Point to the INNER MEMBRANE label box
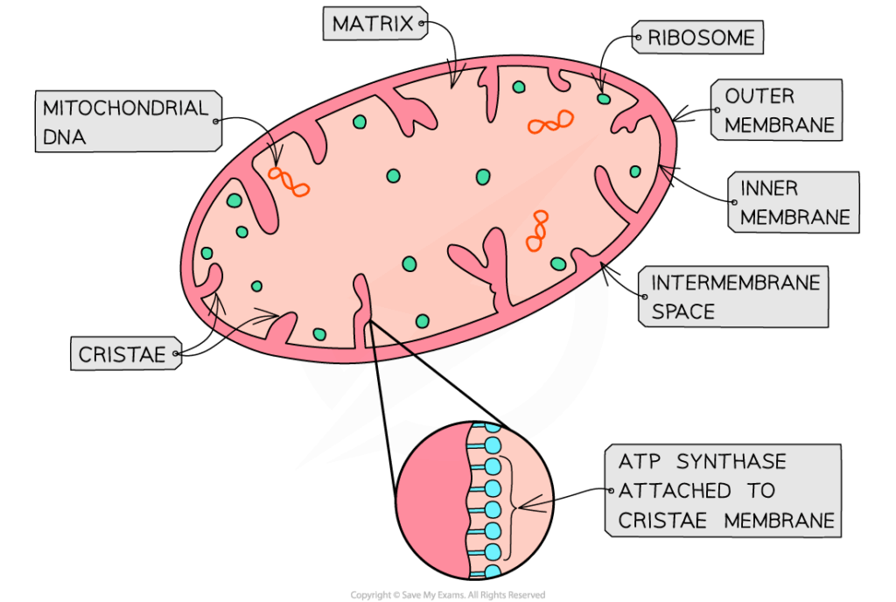click(794, 202)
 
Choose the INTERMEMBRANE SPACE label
click(734, 297)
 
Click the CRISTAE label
click(123, 354)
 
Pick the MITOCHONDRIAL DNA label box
click(127, 122)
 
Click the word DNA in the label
click(65, 136)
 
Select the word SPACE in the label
click(682, 311)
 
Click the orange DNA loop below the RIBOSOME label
click(550, 122)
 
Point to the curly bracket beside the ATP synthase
click(510, 503)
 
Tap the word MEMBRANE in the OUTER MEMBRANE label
click(779, 125)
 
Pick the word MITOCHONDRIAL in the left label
click(126, 108)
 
